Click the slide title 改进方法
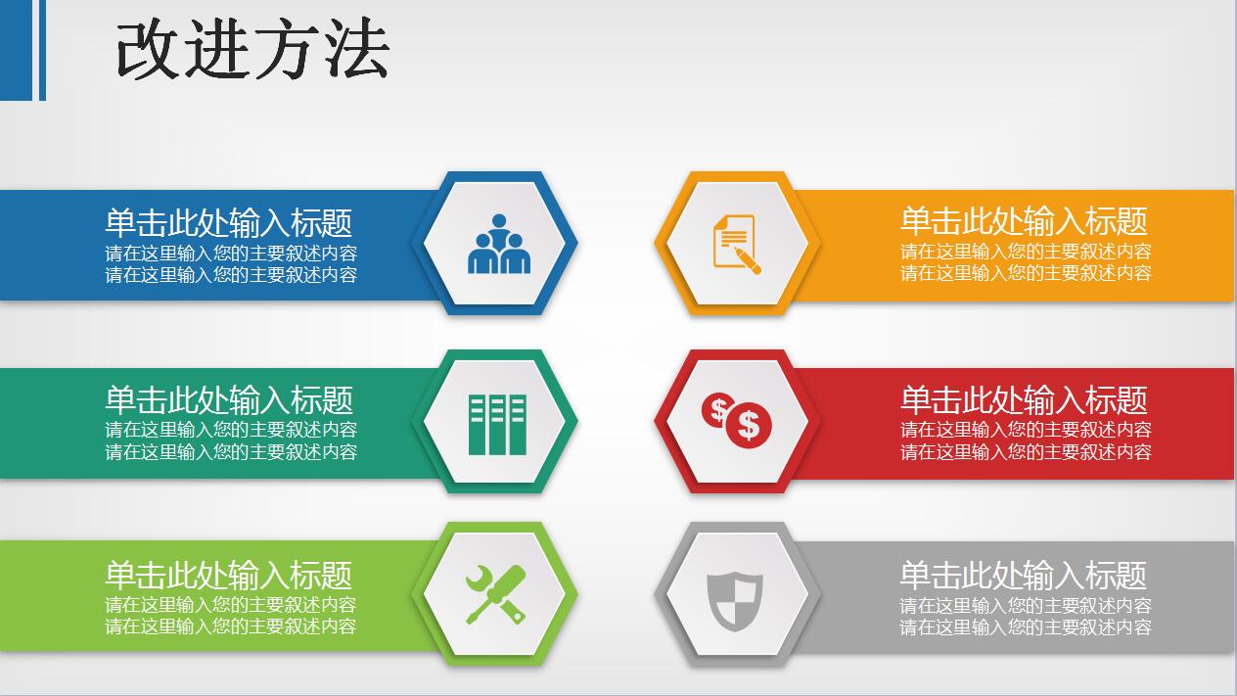click(x=252, y=50)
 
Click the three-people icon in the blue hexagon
click(x=499, y=245)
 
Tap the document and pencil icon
click(x=735, y=242)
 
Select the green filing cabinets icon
click(x=497, y=424)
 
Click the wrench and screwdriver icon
click(x=495, y=595)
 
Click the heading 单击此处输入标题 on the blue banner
click(x=228, y=223)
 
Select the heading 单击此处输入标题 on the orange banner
click(x=1023, y=221)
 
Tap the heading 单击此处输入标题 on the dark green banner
click(x=228, y=400)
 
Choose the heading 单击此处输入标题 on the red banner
click(x=1023, y=400)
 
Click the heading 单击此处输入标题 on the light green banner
click(x=228, y=575)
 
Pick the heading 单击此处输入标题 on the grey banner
click(x=1023, y=575)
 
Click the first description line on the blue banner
click(x=231, y=253)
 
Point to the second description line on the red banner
click(x=1026, y=452)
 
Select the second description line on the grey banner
click(x=1026, y=627)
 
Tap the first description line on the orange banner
click(x=1026, y=252)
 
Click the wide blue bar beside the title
click(x=17, y=50)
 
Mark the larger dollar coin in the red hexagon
click(x=749, y=425)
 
